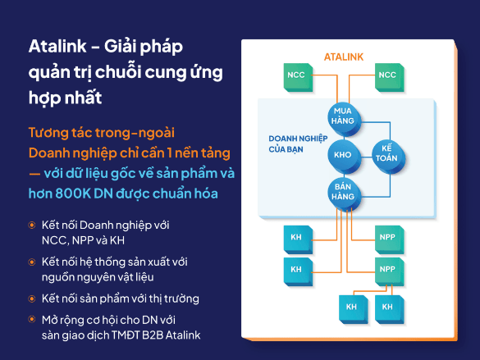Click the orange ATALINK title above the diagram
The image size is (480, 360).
pos(344,57)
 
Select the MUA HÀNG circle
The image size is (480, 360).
pos(344,119)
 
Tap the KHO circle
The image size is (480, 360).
pos(344,156)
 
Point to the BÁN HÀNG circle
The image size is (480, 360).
pos(344,194)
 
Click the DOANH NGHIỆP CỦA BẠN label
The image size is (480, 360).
pos(298,144)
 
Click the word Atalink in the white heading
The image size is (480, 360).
pos(57,47)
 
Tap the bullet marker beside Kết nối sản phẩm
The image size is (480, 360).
pos(32,298)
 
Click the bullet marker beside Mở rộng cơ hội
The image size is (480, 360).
pos(32,320)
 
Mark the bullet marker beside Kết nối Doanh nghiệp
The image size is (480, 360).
pos(32,226)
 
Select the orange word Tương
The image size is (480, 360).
pos(48,133)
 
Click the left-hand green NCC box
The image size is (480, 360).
pos(298,77)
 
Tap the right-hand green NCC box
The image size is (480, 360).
pos(390,77)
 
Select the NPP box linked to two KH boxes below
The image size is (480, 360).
pos(390,271)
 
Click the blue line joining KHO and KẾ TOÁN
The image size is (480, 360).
pos(367,157)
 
